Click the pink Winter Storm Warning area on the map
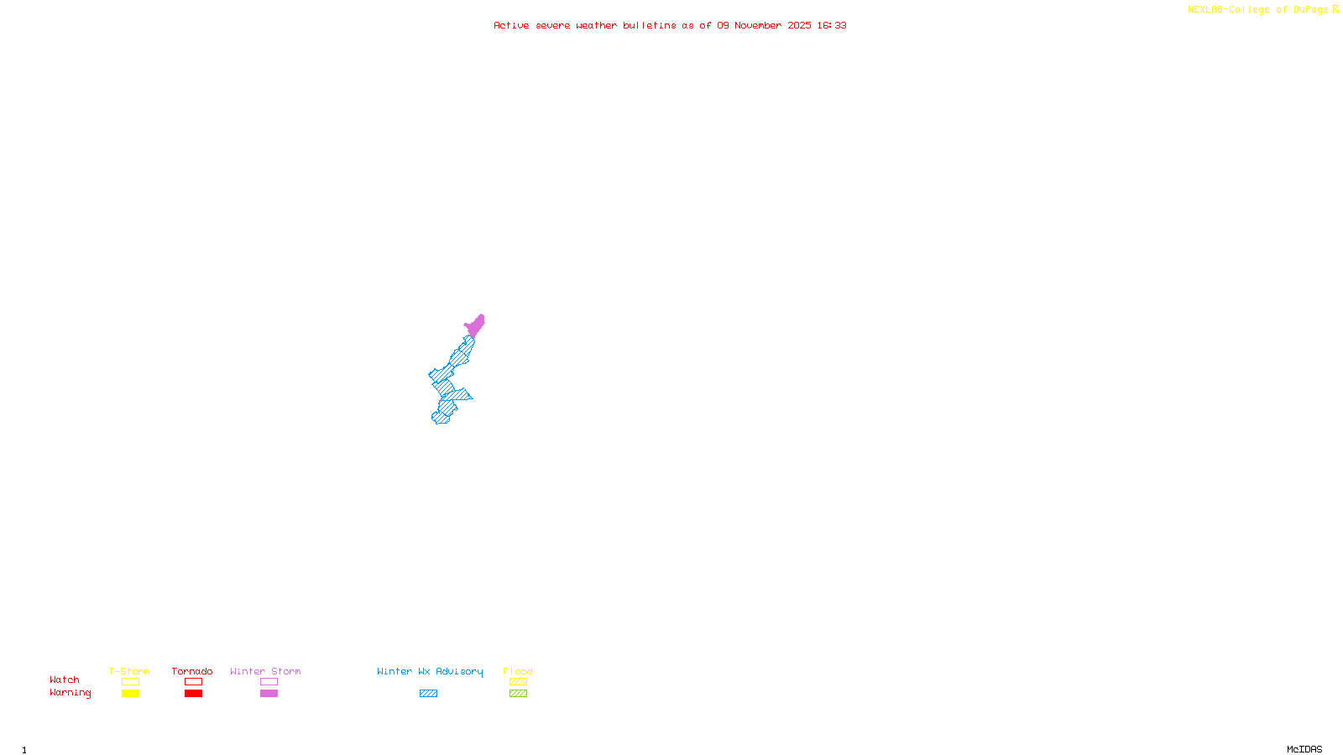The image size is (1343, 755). [x=475, y=325]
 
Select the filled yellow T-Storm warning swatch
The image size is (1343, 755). [x=130, y=694]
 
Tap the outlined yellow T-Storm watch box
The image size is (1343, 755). [x=130, y=682]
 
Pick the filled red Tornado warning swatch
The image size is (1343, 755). [x=193, y=694]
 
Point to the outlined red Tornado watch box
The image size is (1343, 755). [x=193, y=682]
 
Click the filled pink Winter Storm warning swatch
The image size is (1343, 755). [x=269, y=694]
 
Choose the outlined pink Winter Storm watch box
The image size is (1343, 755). [x=269, y=682]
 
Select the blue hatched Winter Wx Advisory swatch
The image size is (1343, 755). [x=428, y=694]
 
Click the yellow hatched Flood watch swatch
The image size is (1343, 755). [x=518, y=682]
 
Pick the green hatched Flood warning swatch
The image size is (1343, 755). [x=518, y=694]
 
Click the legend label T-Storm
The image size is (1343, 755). [x=129, y=671]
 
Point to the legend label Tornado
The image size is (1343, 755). [x=192, y=671]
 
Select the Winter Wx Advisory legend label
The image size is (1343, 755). [x=430, y=671]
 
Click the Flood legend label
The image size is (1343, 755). [x=518, y=671]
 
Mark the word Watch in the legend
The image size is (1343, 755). [x=65, y=680]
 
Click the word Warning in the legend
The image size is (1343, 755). [x=71, y=693]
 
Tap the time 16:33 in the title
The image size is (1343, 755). [x=832, y=25]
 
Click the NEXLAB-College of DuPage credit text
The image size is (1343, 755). [x=1257, y=10]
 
